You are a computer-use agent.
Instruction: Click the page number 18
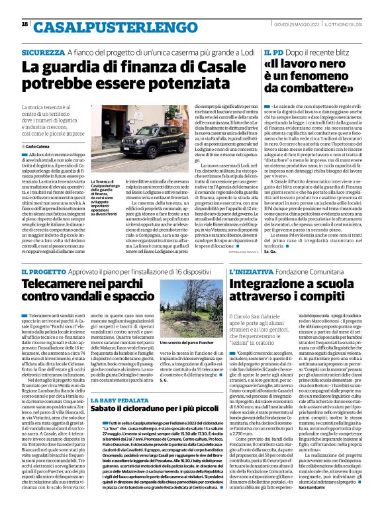coord(24,24)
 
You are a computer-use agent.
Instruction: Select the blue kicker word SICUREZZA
coord(43,52)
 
